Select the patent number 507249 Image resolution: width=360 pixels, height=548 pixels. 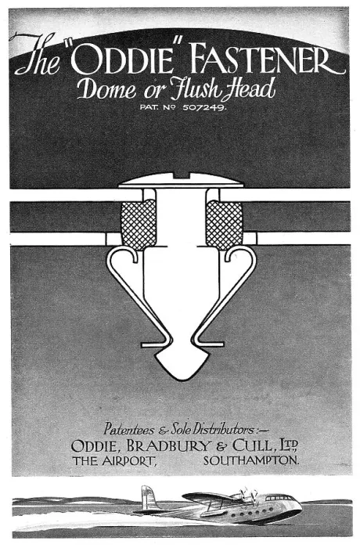(x=204, y=107)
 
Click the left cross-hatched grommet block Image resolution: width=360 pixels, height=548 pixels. (x=139, y=225)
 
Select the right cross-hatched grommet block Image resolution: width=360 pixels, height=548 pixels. (x=224, y=225)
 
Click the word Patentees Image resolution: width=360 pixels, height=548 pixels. (x=128, y=428)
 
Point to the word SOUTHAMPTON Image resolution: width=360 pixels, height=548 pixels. (x=251, y=461)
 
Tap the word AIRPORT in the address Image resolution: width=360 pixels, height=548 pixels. (x=128, y=461)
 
